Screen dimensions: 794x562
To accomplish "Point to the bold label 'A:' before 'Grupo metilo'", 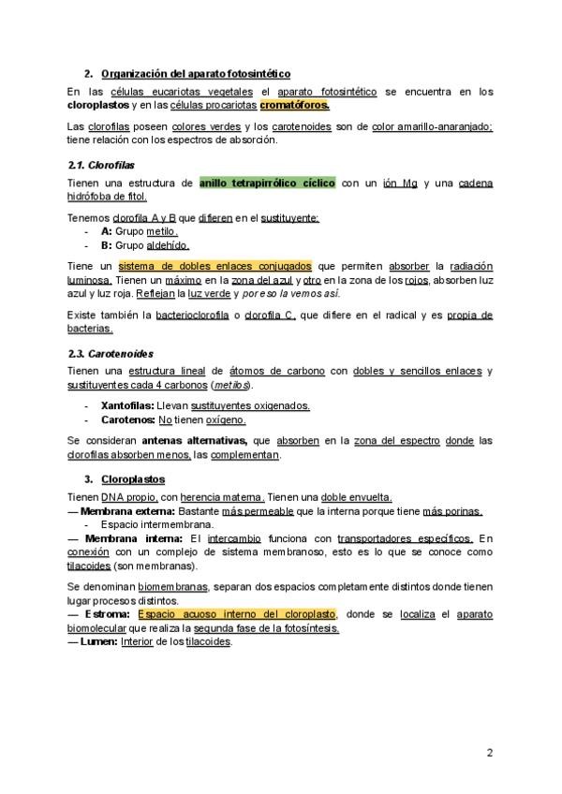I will point(106,230).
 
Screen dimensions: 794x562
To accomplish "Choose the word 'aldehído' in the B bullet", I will point(167,244).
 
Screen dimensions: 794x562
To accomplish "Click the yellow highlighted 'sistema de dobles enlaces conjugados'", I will point(215,266).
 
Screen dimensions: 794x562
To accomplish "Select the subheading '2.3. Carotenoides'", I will point(111,355).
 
